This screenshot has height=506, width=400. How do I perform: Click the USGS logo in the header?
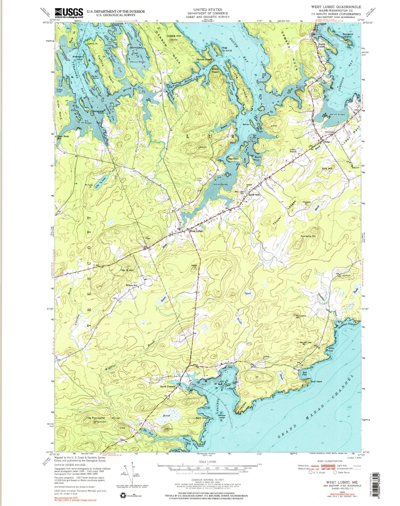pos(69,13)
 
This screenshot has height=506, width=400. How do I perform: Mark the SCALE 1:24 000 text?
pos(207,462)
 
